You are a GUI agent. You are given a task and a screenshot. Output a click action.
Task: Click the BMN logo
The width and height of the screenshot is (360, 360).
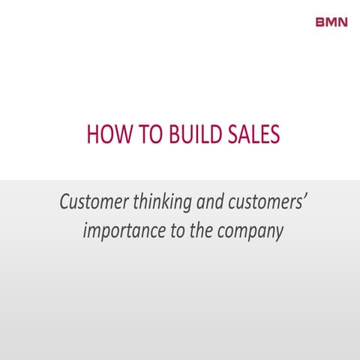tap(331, 21)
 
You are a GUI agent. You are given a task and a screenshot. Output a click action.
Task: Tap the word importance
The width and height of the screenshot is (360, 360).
tap(118, 230)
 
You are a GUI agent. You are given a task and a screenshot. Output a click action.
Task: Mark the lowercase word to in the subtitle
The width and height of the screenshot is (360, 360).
tap(175, 229)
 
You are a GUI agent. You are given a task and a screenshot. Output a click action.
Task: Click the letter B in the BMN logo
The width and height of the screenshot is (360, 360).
tap(321, 21)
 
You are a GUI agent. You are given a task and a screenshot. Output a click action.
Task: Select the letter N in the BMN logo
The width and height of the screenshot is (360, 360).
tap(343, 21)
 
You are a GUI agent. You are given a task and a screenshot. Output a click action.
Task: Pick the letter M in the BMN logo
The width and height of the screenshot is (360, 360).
tap(331, 21)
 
